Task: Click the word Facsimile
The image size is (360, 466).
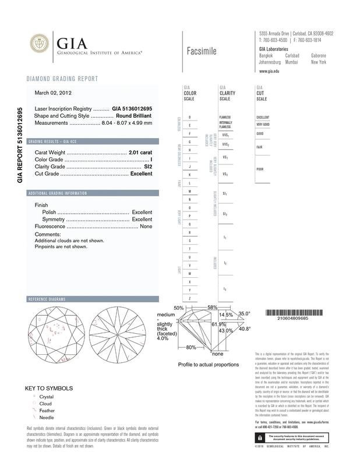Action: pyautogui.click(x=202, y=51)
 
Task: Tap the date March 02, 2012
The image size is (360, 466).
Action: pyautogui.click(x=54, y=92)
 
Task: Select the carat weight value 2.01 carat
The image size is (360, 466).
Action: pyautogui.click(x=140, y=153)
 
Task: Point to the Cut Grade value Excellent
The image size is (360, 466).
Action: pyautogui.click(x=141, y=174)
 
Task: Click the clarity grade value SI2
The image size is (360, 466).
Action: pyautogui.click(x=148, y=167)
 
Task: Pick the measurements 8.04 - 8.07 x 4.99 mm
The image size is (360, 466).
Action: pyautogui.click(x=126, y=123)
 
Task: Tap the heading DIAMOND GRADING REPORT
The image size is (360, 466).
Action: pyautogui.click(x=62, y=79)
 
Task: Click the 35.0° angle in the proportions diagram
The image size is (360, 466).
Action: pyautogui.click(x=243, y=314)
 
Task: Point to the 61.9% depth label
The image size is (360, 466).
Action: pyautogui.click(x=218, y=324)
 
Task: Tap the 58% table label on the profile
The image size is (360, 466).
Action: pyautogui.click(x=212, y=308)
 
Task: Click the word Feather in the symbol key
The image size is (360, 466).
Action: pyautogui.click(x=47, y=411)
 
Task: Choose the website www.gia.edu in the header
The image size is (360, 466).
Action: pyautogui.click(x=270, y=70)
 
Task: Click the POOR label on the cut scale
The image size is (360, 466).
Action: pyautogui.click(x=262, y=168)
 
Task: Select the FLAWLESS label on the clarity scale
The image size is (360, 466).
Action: pyautogui.click(x=225, y=117)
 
